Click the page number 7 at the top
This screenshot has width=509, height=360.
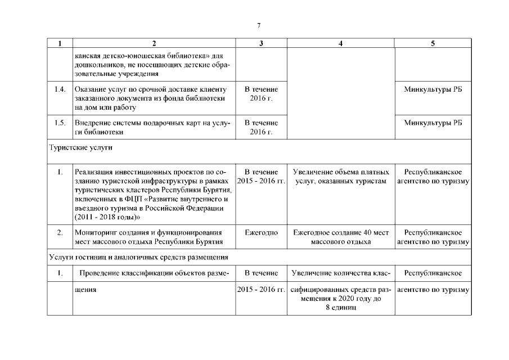(x=258, y=25)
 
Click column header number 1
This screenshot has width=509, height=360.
(x=60, y=43)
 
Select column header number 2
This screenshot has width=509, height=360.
(x=154, y=43)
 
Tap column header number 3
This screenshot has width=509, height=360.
(x=261, y=43)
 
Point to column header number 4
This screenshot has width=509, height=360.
(x=340, y=43)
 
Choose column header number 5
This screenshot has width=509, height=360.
(x=433, y=43)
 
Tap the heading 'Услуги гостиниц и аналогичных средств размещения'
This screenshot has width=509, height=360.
(x=138, y=258)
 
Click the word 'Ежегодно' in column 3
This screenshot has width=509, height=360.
(x=261, y=232)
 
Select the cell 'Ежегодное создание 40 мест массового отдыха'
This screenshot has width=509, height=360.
(x=340, y=237)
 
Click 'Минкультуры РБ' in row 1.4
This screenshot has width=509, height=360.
(x=433, y=90)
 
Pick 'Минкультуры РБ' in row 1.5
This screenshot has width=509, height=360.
(x=433, y=123)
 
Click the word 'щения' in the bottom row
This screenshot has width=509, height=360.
(x=85, y=290)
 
